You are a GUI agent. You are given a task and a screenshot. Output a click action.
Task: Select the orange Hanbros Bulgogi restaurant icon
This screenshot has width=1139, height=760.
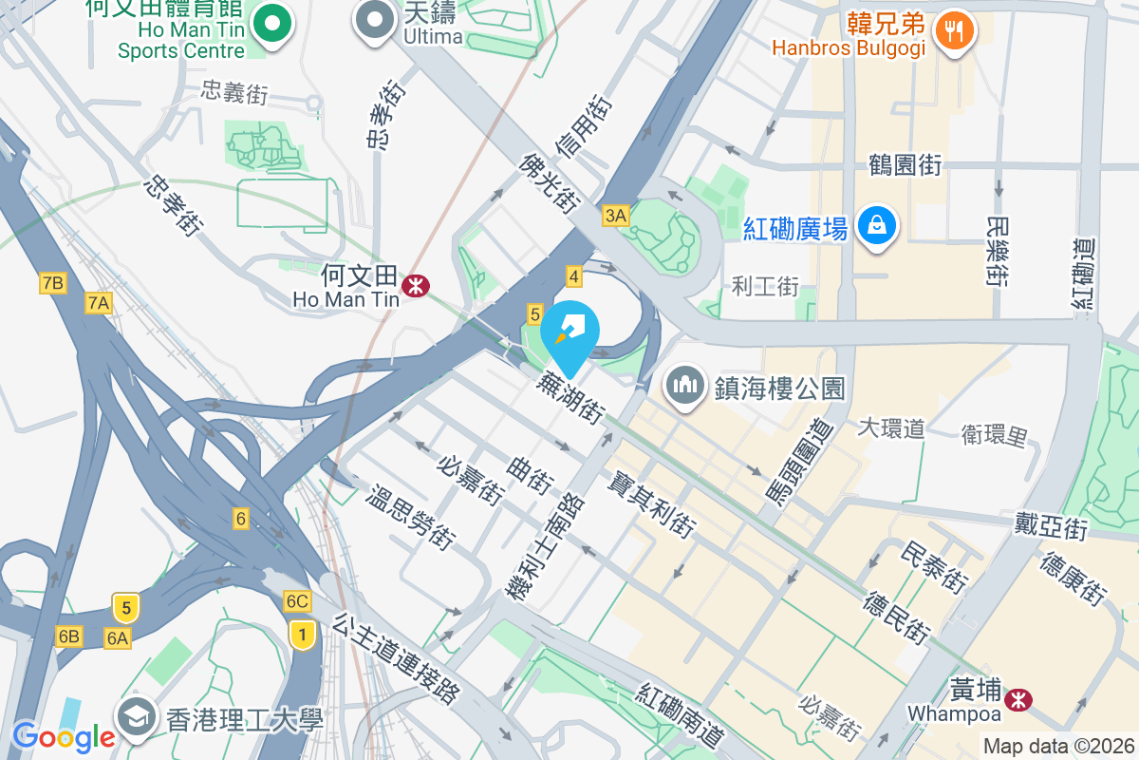(x=953, y=29)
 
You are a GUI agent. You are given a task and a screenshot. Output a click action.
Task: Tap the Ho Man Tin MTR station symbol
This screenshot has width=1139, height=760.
(x=415, y=284)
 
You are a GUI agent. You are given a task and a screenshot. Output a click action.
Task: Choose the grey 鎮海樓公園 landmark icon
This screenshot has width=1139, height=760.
(x=683, y=388)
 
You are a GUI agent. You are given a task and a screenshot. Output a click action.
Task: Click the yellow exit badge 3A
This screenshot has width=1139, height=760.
(x=615, y=216)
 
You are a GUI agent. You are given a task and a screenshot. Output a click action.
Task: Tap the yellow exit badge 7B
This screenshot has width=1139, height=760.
(x=52, y=282)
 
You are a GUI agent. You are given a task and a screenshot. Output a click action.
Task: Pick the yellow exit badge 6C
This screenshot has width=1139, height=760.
(x=297, y=601)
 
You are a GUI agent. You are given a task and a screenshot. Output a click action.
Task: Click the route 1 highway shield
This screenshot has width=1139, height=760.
(x=302, y=634)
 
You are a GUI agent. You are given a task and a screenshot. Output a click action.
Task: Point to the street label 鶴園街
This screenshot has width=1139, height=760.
(x=905, y=164)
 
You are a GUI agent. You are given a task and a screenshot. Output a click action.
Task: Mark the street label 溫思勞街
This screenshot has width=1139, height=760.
(x=410, y=518)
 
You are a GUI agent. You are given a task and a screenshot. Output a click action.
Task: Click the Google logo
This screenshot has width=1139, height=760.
(x=64, y=736)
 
